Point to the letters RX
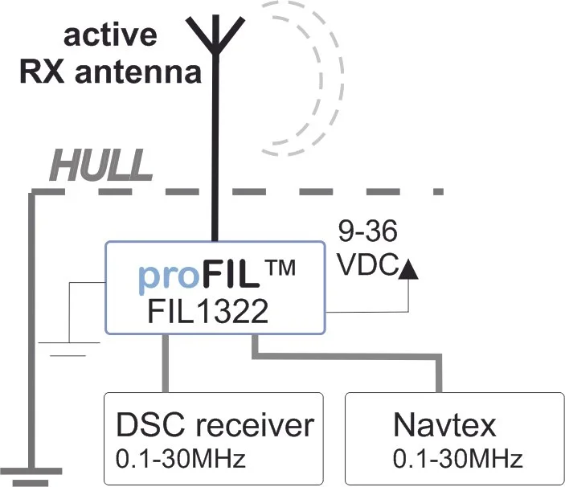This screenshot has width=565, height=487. pyautogui.click(x=41, y=73)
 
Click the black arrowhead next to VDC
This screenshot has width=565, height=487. pyautogui.click(x=409, y=269)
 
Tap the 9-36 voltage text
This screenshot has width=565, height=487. pyautogui.click(x=367, y=234)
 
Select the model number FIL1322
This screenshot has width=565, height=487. pyautogui.click(x=207, y=312)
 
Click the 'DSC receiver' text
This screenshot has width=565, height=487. pyautogui.click(x=214, y=425)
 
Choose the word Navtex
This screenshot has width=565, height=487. pyautogui.click(x=444, y=425)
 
